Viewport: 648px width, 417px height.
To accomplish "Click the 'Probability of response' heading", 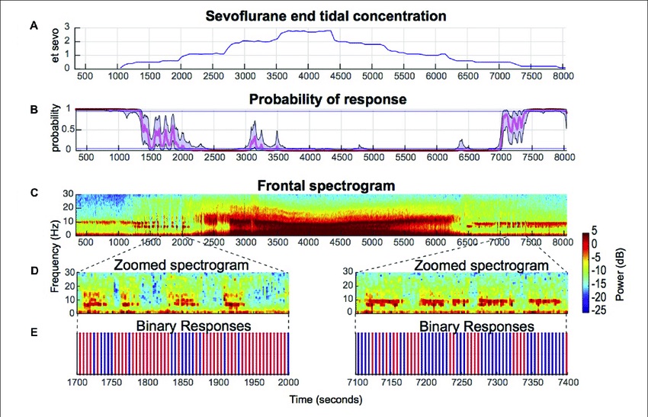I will pyautogui.click(x=324, y=99).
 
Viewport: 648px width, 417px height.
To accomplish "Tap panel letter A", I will pyautogui.click(x=33, y=25).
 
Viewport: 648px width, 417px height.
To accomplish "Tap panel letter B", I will pyautogui.click(x=33, y=109).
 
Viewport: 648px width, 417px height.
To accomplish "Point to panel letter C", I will pyautogui.click(x=33, y=193).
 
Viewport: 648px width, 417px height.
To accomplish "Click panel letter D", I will pyautogui.click(x=33, y=270).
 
